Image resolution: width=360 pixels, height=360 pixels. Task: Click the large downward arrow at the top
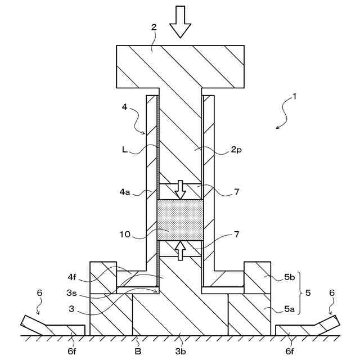[x=180, y=21]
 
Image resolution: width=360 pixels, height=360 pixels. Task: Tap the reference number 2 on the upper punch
[x=154, y=26]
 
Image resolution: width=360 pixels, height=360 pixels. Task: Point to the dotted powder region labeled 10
[x=180, y=219]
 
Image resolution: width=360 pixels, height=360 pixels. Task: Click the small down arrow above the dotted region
[x=180, y=190]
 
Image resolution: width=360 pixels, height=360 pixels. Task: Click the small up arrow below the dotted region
[x=180, y=250]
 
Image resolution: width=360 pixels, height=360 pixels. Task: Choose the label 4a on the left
[x=125, y=192]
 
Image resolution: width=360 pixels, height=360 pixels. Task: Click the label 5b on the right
[x=289, y=277]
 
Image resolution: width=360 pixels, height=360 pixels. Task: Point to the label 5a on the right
[x=289, y=308]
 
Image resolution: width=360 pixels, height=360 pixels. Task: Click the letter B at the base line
[x=137, y=351]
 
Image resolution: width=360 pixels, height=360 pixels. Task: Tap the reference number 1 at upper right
[x=294, y=96]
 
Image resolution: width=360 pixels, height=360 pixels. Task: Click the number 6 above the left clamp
[x=39, y=292]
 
